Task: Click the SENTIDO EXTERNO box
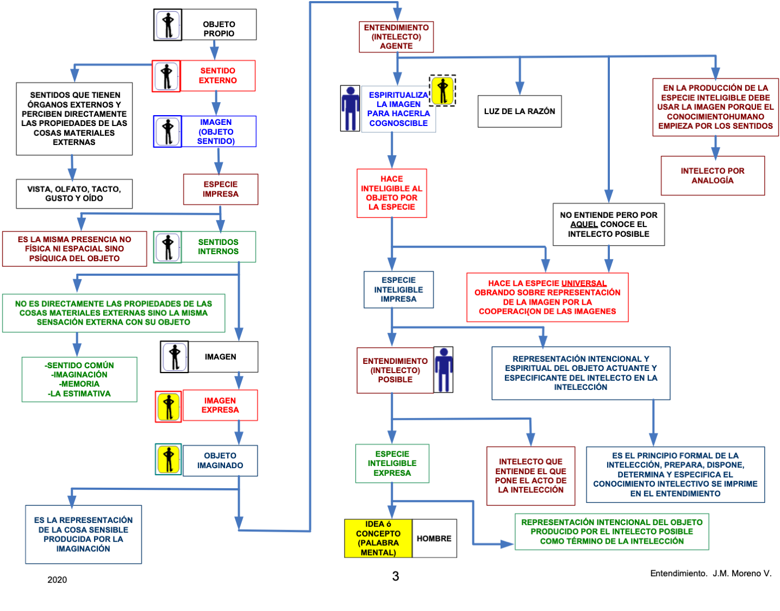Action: (217, 76)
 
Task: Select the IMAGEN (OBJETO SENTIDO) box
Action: (217, 131)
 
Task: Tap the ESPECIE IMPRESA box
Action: (220, 190)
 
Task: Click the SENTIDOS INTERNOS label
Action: (218, 247)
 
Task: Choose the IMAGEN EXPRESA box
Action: (220, 405)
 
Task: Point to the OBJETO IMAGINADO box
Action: (220, 461)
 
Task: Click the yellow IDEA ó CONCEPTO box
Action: (378, 538)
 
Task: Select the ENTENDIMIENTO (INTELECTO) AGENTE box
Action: (396, 37)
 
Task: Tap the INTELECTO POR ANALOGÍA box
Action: (713, 175)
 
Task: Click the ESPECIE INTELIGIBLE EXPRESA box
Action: (392, 464)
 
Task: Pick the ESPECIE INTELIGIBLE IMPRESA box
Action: (398, 289)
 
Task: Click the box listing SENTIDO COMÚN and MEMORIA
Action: (79, 379)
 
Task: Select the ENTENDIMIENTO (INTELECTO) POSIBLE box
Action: (395, 370)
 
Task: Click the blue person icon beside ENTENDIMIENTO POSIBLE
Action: (444, 370)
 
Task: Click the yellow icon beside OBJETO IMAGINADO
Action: (169, 460)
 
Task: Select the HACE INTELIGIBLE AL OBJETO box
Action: (392, 193)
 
